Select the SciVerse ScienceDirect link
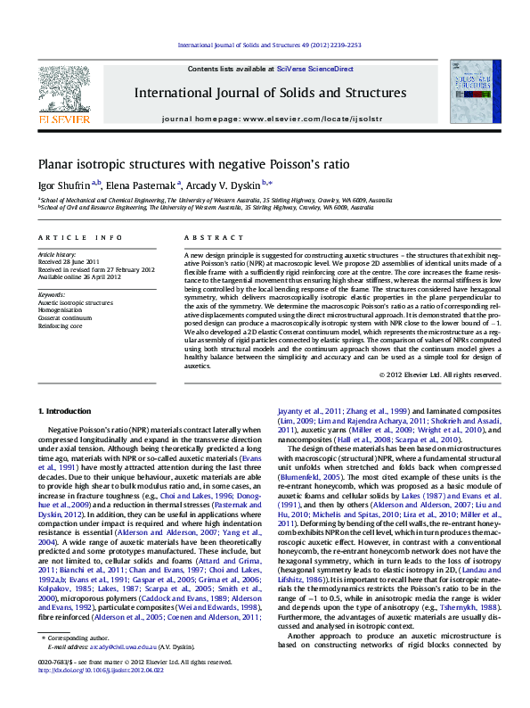(314, 69)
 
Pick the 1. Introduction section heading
(67, 410)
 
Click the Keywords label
(52, 293)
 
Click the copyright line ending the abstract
(452, 375)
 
